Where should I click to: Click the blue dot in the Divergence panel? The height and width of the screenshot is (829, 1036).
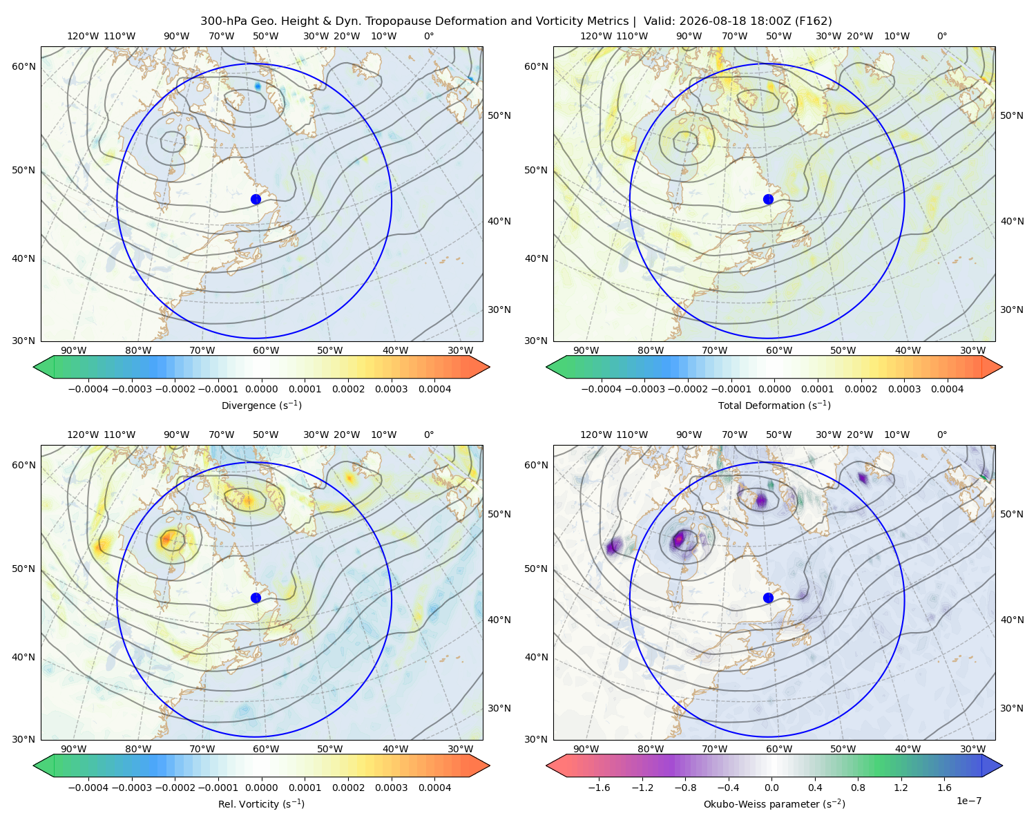[x=256, y=199]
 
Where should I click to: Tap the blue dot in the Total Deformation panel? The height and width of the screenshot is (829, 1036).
[x=768, y=199]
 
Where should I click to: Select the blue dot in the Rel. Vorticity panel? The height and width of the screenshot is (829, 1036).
[x=256, y=598]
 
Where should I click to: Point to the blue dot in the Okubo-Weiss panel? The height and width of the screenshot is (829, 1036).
[x=768, y=598]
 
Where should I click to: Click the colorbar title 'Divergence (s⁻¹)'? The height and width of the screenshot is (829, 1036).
[x=261, y=405]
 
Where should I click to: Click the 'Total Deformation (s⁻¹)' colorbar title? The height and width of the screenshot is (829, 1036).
[x=774, y=405]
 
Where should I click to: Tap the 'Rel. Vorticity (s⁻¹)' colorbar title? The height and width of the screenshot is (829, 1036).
[x=261, y=803]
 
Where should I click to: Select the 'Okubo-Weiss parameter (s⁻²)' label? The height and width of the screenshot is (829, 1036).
[x=774, y=803]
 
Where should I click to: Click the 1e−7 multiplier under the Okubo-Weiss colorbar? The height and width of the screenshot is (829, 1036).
[x=968, y=801]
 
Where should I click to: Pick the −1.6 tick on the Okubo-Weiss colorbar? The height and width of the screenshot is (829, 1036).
[x=599, y=787]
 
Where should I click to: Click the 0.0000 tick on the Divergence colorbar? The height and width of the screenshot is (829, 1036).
[x=261, y=389]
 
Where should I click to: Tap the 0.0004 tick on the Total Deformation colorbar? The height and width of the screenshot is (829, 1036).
[x=947, y=389]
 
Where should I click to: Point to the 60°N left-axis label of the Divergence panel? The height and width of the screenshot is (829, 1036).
[x=23, y=66]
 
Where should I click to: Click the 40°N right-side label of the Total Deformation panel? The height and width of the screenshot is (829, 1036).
[x=1012, y=221]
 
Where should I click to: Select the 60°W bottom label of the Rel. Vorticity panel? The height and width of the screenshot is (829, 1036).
[x=266, y=749]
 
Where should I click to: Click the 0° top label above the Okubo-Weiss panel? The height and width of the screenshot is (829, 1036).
[x=941, y=435]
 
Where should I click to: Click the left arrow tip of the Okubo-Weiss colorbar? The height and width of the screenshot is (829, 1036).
[x=546, y=765]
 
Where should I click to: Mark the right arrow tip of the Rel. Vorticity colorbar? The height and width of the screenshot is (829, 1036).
[x=490, y=765]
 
